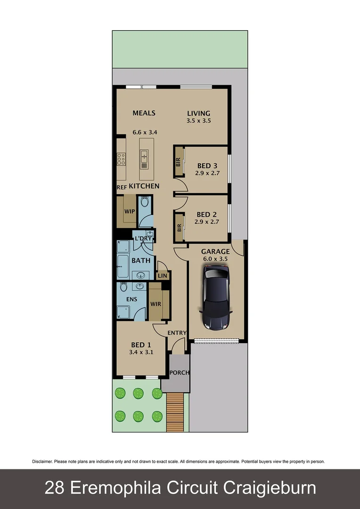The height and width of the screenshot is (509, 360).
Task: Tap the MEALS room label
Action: tap(144, 113)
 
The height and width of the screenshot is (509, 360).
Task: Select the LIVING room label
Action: tap(198, 113)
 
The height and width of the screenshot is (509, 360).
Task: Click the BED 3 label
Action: tap(207, 165)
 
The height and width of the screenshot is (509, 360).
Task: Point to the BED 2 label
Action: tap(207, 214)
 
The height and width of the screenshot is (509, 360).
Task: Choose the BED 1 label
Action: tap(141, 345)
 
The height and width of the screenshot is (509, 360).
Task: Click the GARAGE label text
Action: tap(215, 252)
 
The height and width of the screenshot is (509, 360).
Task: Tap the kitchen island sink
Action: tap(144, 156)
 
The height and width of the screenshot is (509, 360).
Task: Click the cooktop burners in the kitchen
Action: tap(121, 159)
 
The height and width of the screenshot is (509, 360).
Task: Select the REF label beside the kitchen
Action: tap(122, 187)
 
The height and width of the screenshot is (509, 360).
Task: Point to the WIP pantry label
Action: tap(129, 212)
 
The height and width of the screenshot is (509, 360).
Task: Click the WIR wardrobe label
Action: tap(155, 304)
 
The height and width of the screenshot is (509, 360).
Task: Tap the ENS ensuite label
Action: tap(131, 299)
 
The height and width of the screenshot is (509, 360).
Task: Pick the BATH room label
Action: tap(141, 261)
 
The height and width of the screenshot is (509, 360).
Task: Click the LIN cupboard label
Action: tap(163, 276)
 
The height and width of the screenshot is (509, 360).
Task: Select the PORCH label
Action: tap(180, 372)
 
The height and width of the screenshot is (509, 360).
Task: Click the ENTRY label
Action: tap(177, 333)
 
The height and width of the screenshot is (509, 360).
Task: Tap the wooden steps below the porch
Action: tap(175, 412)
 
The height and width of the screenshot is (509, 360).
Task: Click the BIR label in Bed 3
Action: tap(179, 162)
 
